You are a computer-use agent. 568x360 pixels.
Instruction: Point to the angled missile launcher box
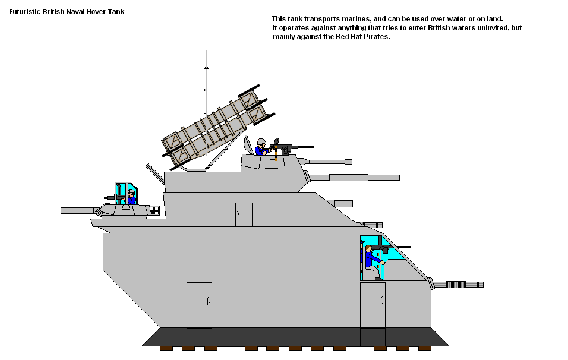(x=217, y=128)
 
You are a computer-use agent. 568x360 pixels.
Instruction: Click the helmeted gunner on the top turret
(x=261, y=147)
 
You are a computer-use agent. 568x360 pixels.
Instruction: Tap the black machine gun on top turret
(x=290, y=147)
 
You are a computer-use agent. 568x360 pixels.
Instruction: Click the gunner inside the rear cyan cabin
(x=131, y=197)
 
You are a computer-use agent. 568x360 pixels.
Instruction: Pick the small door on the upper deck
(x=244, y=214)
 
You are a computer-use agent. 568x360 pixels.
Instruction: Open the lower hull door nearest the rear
(x=199, y=305)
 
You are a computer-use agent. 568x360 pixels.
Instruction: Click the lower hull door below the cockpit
(x=373, y=305)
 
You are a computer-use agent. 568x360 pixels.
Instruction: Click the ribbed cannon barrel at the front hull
(x=457, y=285)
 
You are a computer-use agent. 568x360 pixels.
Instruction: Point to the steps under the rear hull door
(x=199, y=337)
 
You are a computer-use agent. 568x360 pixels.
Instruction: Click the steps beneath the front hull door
(x=373, y=337)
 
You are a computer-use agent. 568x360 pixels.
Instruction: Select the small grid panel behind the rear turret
(x=154, y=210)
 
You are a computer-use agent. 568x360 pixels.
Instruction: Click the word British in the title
(x=53, y=12)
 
